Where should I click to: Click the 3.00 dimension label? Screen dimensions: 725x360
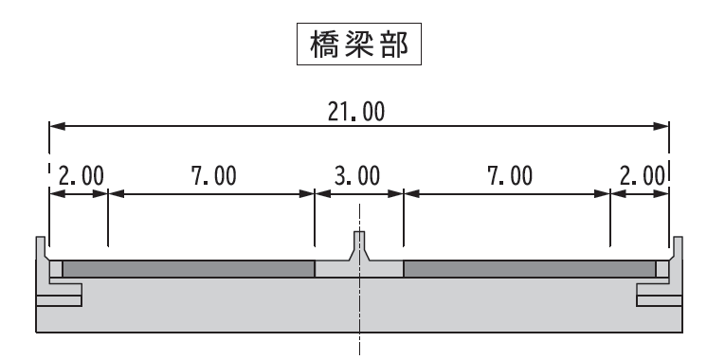pos(358,175)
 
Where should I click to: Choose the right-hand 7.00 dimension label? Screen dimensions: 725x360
pos(508,175)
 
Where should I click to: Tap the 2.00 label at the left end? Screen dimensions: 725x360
pos(81,175)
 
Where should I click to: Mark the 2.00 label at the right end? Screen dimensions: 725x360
pos(642,175)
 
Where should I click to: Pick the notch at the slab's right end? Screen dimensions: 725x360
pos(660,301)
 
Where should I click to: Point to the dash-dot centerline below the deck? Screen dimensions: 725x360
pos(359,345)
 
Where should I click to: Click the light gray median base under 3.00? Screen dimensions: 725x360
pos(359,271)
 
